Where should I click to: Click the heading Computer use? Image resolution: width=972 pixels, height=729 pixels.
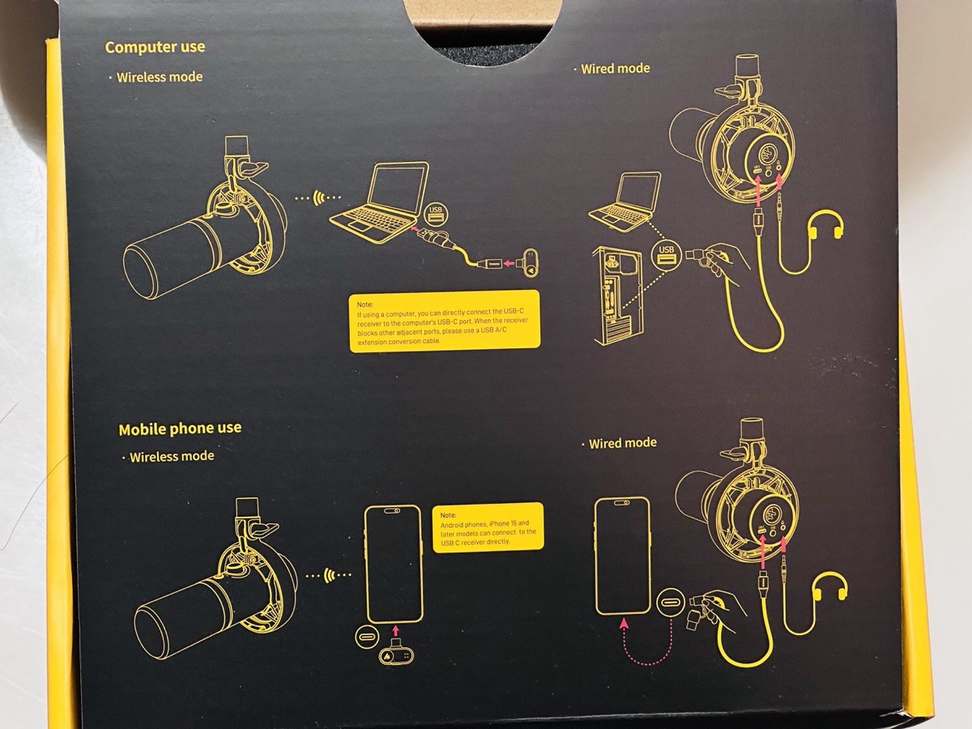pos(155,47)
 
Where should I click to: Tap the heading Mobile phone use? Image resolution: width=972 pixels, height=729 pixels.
pos(181,429)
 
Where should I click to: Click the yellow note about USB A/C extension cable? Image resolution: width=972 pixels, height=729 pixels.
pos(445,322)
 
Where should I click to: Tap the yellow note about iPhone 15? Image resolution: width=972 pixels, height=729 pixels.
pos(488,527)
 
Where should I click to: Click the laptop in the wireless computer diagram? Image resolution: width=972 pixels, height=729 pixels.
pos(379,202)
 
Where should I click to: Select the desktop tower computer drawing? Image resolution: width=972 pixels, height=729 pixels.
pos(618,296)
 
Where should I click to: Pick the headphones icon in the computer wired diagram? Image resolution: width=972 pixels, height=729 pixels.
pos(826,224)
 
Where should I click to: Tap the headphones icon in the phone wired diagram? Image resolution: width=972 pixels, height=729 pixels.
pos(831,586)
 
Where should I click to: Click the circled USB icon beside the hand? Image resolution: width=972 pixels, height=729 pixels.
pos(666,254)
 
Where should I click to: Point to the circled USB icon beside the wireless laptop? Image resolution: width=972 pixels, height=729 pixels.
pos(436,214)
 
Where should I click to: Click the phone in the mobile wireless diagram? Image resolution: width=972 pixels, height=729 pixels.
pos(394,565)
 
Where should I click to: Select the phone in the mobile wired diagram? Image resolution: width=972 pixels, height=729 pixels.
pos(623,556)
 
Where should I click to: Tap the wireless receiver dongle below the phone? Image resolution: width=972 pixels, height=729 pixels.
pos(397,653)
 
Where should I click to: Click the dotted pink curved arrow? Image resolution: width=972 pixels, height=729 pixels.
pos(647,644)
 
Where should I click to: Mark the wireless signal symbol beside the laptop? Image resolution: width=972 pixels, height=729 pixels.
pos(318,198)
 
